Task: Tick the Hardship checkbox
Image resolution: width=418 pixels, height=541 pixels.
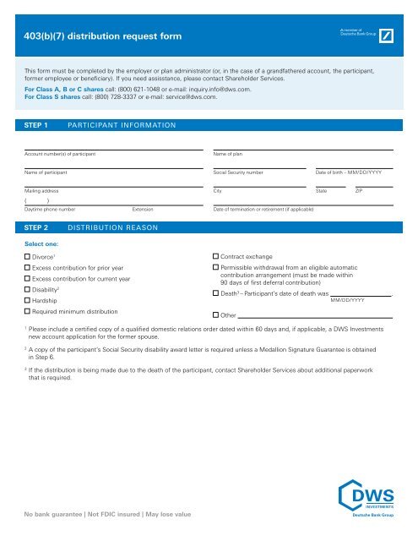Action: point(27,300)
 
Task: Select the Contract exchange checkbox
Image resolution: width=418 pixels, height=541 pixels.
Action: point(215,254)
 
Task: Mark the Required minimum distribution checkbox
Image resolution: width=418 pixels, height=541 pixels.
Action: point(27,312)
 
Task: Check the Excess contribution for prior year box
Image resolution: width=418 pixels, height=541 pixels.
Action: point(27,266)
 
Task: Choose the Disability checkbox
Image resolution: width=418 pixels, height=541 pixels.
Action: point(27,289)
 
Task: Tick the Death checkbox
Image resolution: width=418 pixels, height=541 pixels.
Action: point(215,293)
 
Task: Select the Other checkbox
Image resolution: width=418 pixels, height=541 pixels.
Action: point(215,314)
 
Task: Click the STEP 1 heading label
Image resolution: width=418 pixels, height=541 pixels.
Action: point(39,125)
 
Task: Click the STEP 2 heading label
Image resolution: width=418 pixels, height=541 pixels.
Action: point(39,228)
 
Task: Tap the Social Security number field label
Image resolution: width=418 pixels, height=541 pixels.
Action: point(244,172)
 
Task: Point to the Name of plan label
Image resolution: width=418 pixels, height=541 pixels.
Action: point(233,152)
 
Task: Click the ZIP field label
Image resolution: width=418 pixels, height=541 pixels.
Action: point(358,192)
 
